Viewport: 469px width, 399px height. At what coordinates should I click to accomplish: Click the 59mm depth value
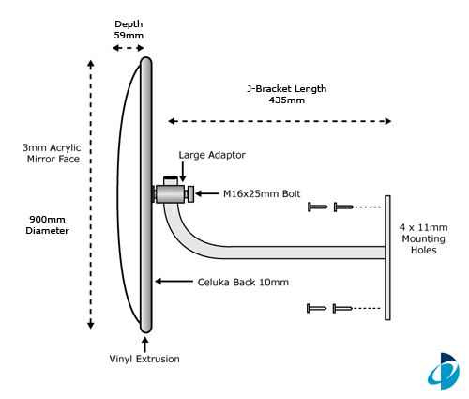(129, 35)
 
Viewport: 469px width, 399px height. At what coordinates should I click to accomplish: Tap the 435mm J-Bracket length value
(287, 100)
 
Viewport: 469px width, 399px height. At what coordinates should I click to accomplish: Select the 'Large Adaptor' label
(212, 155)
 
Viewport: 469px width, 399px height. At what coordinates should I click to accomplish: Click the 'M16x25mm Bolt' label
(262, 193)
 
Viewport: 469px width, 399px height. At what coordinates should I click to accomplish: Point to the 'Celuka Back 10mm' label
(243, 283)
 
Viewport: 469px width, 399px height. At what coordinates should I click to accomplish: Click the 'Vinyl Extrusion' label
(144, 359)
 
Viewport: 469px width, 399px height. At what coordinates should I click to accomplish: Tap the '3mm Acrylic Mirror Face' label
(52, 153)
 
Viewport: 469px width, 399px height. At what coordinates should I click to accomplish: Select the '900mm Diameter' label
(47, 225)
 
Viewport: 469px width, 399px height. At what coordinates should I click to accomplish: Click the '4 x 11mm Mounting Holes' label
(424, 238)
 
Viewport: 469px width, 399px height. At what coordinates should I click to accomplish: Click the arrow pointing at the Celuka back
(174, 282)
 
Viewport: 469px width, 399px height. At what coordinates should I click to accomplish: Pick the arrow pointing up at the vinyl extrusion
(144, 344)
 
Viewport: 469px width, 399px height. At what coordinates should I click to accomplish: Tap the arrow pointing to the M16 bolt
(207, 193)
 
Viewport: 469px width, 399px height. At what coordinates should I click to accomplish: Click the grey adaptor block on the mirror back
(170, 194)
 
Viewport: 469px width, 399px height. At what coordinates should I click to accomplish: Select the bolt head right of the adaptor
(189, 194)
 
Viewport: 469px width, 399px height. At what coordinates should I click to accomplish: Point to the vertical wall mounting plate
(387, 258)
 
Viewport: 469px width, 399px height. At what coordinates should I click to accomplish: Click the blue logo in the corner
(444, 371)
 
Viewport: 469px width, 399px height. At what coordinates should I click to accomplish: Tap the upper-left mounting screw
(318, 207)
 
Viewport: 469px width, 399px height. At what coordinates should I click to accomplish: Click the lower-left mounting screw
(316, 308)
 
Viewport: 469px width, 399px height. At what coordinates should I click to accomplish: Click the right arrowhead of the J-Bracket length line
(388, 121)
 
